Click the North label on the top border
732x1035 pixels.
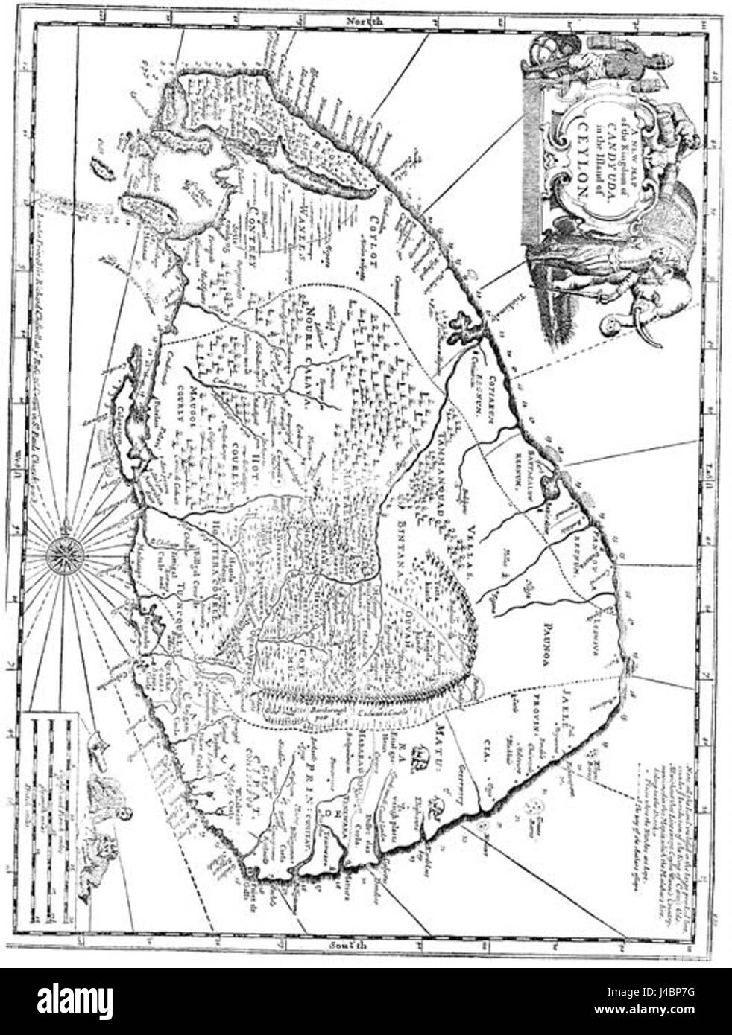coord(365,24)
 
